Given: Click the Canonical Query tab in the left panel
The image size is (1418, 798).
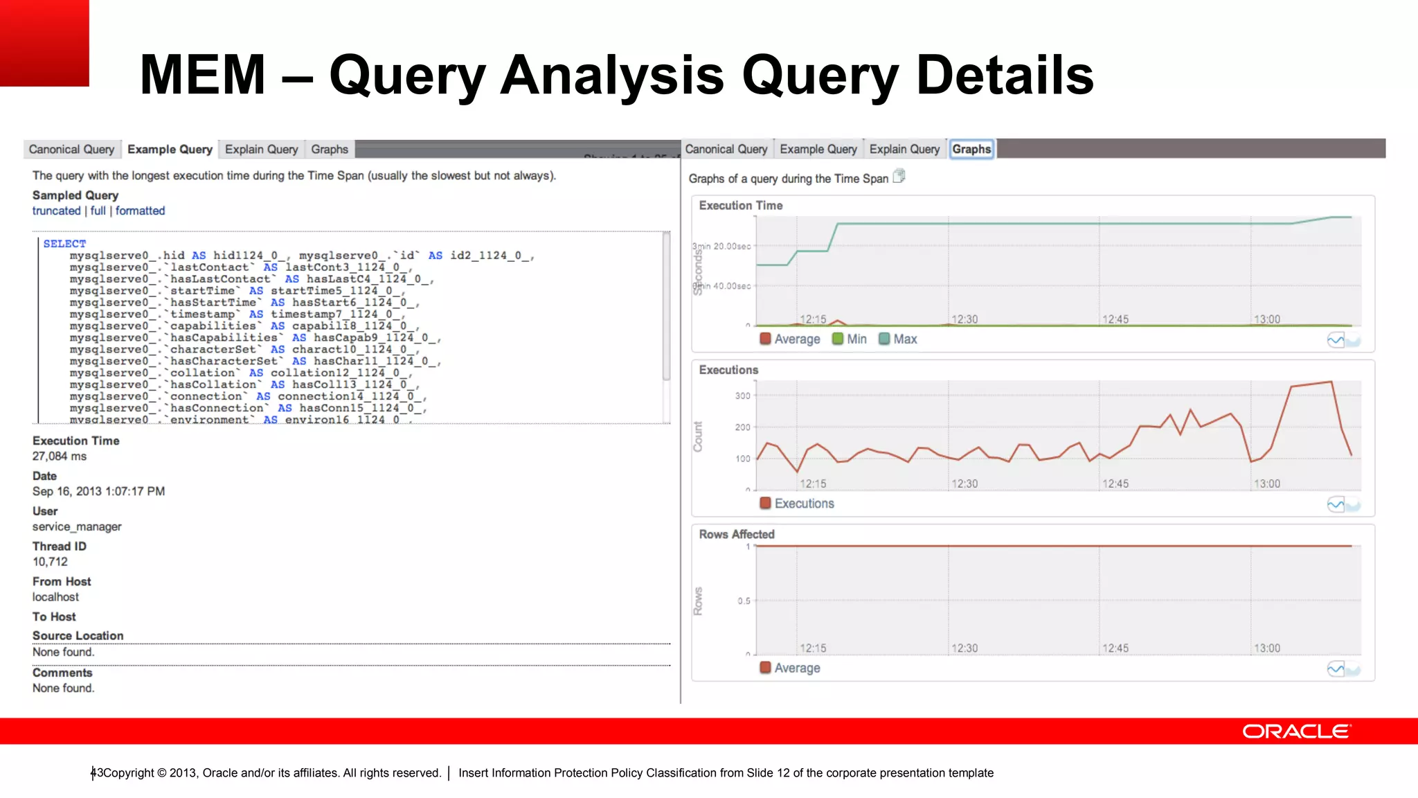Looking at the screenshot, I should point(71,150).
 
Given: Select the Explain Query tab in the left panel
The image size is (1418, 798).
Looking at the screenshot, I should point(261,150).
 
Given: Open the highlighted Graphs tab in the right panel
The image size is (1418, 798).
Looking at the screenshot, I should point(971,150).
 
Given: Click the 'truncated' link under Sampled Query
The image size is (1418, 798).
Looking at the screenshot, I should point(56,211).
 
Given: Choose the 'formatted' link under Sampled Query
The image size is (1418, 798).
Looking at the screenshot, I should point(140,211).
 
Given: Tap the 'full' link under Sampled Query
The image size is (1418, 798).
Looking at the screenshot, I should point(98,211).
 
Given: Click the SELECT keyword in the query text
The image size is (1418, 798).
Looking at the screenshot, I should point(64,244).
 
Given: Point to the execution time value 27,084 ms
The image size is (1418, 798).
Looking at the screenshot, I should point(60,456).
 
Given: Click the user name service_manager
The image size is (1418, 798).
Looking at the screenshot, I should point(77,527).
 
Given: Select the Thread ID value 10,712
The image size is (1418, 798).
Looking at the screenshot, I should point(50,562).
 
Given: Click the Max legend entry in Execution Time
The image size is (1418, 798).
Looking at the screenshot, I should point(898,339).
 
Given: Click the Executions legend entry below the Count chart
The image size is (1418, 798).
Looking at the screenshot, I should point(797,504).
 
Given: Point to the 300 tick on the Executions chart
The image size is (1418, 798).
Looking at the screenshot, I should point(742,396).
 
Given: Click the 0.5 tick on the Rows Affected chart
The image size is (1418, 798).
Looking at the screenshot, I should point(744,601).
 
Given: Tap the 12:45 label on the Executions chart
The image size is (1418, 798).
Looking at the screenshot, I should point(1115,484).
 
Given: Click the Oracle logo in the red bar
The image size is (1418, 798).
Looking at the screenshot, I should point(1296,731).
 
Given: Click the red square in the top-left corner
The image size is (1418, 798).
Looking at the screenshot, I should point(44,43).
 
